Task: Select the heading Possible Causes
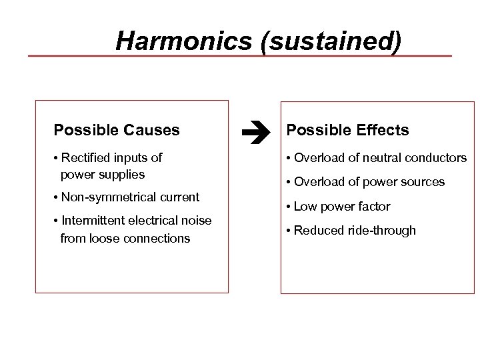pyautogui.click(x=117, y=130)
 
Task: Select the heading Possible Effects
pyautogui.click(x=347, y=130)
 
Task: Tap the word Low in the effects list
pyautogui.click(x=305, y=207)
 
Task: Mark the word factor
pyautogui.click(x=374, y=207)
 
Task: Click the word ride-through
pyautogui.click(x=382, y=231)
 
